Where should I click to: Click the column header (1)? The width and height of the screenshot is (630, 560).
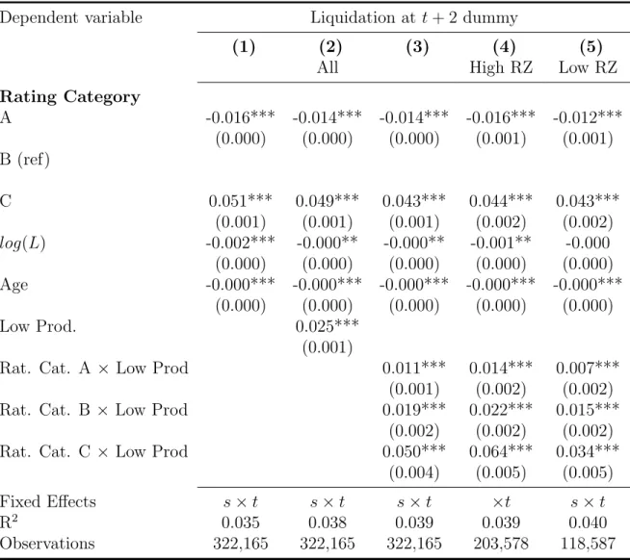[x=244, y=47]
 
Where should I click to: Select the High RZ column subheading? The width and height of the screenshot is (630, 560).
[x=501, y=67]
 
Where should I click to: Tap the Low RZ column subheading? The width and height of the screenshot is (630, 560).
[x=588, y=67]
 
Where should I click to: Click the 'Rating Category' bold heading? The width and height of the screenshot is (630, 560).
[x=70, y=97]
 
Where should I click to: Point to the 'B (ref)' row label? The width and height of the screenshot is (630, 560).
[x=25, y=160]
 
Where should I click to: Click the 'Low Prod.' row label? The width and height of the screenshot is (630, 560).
[x=38, y=326]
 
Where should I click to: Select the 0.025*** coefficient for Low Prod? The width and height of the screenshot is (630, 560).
[x=328, y=326]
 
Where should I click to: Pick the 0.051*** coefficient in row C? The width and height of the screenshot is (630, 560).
[x=240, y=201]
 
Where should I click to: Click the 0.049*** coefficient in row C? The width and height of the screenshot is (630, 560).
[x=328, y=201]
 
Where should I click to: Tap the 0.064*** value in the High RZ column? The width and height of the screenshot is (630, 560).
[x=501, y=451]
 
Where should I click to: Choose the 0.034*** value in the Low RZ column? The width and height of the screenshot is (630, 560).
[x=588, y=451]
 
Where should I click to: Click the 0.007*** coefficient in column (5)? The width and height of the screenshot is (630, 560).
[x=588, y=368]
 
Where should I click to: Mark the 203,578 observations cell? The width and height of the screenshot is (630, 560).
[x=501, y=544]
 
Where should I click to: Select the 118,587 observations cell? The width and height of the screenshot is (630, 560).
[x=588, y=544]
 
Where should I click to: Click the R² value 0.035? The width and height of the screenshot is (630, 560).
[x=240, y=522]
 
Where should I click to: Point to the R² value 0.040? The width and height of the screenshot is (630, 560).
[x=588, y=522]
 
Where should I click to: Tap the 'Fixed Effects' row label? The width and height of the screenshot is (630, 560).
[x=48, y=502]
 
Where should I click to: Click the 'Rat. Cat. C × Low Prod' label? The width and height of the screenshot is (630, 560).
[x=93, y=451]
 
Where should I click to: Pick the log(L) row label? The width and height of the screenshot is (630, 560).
[x=22, y=243]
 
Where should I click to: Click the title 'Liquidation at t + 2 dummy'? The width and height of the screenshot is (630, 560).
[x=414, y=17]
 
